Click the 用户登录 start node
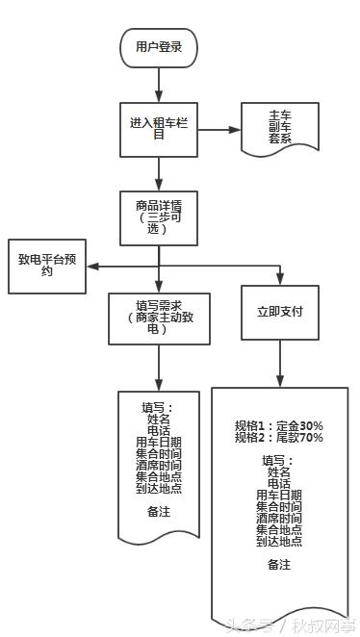[159, 46]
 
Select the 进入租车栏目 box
[159, 129]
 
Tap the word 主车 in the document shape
[280, 116]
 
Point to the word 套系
[280, 139]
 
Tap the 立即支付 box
[280, 311]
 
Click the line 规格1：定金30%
[279, 425]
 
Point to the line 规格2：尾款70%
[279, 438]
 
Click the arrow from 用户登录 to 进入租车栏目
[159, 82]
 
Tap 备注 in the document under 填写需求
[159, 512]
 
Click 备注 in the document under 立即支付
[279, 565]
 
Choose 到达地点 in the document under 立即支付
[279, 541]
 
